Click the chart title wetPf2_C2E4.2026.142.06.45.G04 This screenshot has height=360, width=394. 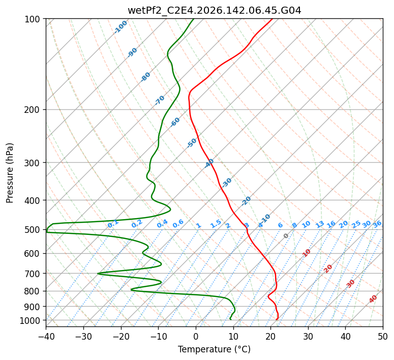pos(215,11)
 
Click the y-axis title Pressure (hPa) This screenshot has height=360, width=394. pos(9,173)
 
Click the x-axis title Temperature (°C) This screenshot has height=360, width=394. pos(215,349)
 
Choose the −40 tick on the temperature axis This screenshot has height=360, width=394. pos(46,336)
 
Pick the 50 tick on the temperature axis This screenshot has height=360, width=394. pos(383,336)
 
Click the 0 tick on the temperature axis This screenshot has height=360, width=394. pos(196,336)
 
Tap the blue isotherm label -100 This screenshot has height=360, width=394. pos(120,27)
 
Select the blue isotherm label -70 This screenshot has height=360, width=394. pos(159,100)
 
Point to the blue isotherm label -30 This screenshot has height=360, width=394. pos(226,183)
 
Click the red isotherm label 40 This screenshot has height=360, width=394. pos(373,299)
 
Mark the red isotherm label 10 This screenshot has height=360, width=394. pos(307,253)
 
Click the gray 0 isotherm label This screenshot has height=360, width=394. pos(286,236)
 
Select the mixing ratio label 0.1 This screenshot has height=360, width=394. pos(113,223)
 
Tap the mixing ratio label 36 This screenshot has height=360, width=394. pos(377,224)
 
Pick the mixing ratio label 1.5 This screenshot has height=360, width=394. pos(216,224)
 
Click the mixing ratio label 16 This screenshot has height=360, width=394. pos(331,224)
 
